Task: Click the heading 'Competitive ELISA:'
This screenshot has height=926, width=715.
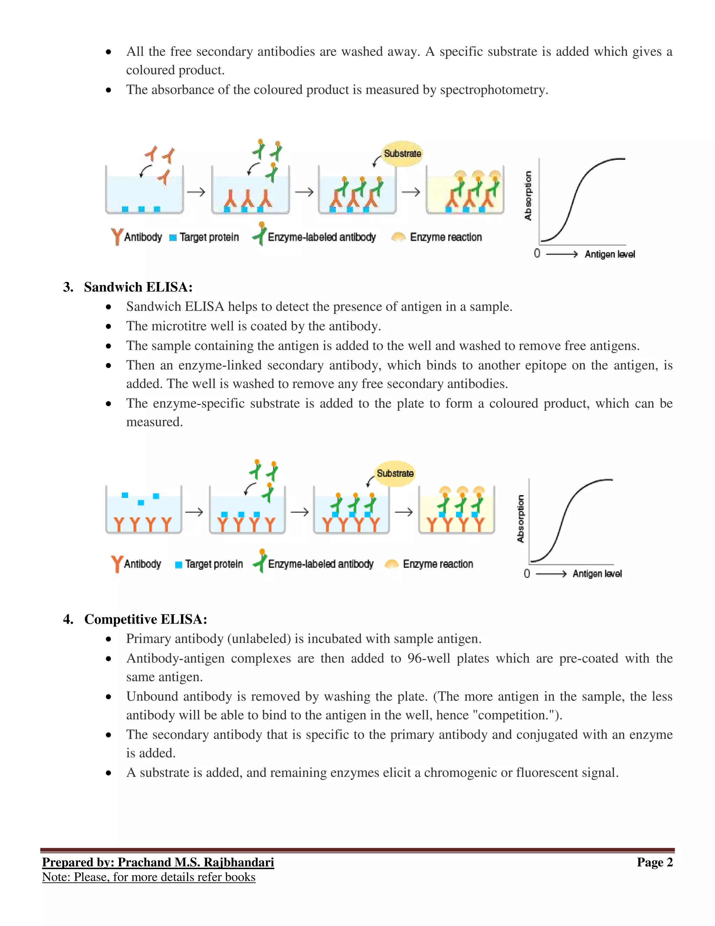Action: tap(145, 619)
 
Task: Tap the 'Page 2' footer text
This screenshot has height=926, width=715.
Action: tap(655, 862)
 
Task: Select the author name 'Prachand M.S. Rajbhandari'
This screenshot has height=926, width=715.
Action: tap(196, 862)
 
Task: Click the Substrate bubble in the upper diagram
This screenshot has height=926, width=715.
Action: tap(403, 153)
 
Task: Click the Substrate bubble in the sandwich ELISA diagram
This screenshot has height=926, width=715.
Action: tap(395, 473)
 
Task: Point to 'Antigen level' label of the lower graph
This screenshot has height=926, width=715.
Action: tap(597, 574)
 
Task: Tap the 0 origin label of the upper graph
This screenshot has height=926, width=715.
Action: tap(537, 254)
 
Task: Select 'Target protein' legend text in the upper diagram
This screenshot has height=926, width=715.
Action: tap(209, 237)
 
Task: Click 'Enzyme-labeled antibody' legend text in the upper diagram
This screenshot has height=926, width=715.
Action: tap(322, 237)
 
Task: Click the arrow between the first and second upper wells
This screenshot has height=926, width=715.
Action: tap(196, 192)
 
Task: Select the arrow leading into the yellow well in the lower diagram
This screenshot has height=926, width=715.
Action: tap(404, 512)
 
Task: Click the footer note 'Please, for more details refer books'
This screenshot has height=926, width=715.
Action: tap(165, 877)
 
